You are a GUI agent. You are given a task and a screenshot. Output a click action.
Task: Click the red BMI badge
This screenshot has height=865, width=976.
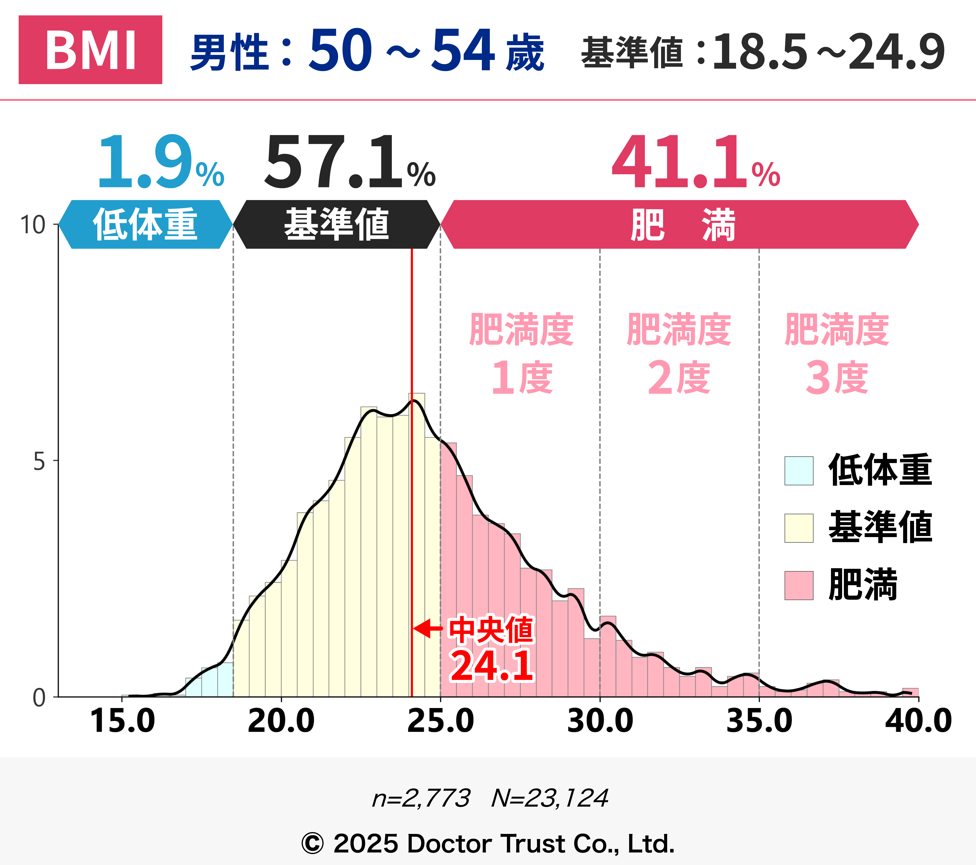click(x=90, y=50)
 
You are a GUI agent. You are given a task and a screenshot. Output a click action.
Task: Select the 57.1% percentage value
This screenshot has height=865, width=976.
click(x=350, y=162)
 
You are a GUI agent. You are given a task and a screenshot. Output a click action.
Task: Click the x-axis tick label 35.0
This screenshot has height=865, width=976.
click(x=759, y=721)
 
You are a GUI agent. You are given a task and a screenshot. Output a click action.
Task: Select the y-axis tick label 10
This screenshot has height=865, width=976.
click(x=33, y=225)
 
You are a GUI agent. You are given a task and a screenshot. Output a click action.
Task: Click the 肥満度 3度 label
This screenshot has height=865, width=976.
click(x=837, y=354)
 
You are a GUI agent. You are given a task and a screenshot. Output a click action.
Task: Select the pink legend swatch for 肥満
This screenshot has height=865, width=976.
click(x=799, y=586)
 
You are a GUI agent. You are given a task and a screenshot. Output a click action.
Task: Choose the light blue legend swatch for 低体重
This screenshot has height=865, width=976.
click(x=799, y=471)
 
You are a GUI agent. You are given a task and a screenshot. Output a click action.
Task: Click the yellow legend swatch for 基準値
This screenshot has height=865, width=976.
click(x=799, y=528)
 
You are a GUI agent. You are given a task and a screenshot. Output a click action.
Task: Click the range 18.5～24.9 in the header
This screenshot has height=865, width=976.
click(x=828, y=52)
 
